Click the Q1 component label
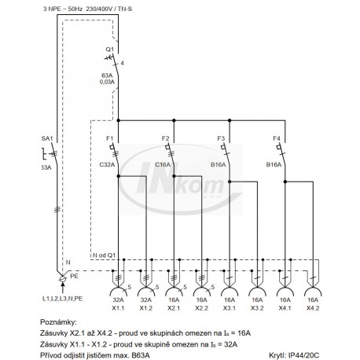click(x=110, y=50)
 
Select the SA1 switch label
click(x=47, y=138)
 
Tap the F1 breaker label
click(x=110, y=138)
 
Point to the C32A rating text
click(x=107, y=164)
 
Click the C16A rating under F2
click(x=163, y=164)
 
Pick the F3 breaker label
click(x=221, y=138)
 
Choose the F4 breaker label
click(x=277, y=138)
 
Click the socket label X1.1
click(x=118, y=308)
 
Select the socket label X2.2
click(x=201, y=308)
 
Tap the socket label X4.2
click(x=313, y=308)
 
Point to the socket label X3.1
click(x=230, y=308)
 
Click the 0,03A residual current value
click(x=107, y=82)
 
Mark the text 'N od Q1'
click(x=104, y=255)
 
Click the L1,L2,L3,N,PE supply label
click(x=62, y=299)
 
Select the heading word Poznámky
click(x=59, y=322)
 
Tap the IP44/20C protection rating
click(x=303, y=355)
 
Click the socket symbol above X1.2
click(x=146, y=288)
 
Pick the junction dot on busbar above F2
click(x=174, y=120)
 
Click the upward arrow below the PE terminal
click(x=62, y=288)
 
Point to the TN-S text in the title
click(x=125, y=9)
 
